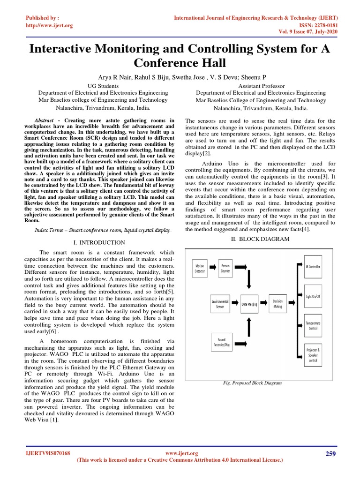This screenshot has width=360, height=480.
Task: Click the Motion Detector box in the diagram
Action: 200,268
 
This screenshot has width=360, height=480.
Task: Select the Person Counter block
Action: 226,268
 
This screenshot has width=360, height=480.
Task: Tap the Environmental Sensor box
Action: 220,303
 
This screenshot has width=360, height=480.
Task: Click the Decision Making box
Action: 277,303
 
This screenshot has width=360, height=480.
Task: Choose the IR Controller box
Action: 313,266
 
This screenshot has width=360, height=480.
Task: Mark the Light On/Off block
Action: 313,296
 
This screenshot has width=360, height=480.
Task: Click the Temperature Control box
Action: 313,326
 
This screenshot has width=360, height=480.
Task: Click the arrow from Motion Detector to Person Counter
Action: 212,268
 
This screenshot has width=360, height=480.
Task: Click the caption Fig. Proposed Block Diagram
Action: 253,383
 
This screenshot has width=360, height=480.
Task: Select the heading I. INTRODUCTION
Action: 99,242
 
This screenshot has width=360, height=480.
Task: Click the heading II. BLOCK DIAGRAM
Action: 260,239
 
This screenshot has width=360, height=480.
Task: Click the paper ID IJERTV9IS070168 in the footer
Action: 47,453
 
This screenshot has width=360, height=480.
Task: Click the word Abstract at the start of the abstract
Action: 46,120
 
